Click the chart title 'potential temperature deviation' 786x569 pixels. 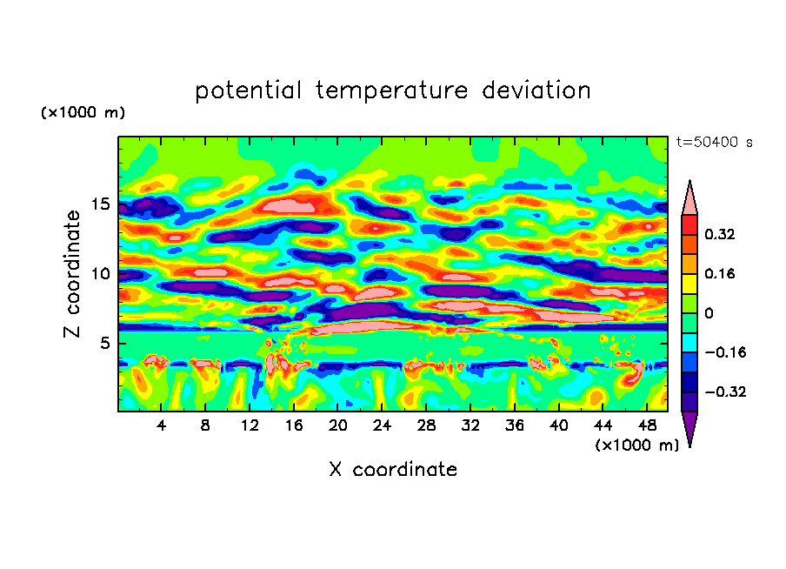393,90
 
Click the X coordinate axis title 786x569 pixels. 393,470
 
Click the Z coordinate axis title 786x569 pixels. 73,274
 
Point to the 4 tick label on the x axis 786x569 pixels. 162,426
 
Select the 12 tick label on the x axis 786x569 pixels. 250,426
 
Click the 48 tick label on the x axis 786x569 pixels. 646,426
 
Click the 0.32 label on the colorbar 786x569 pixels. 721,234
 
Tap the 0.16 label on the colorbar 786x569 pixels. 721,273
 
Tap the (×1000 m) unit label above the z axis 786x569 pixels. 83,113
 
